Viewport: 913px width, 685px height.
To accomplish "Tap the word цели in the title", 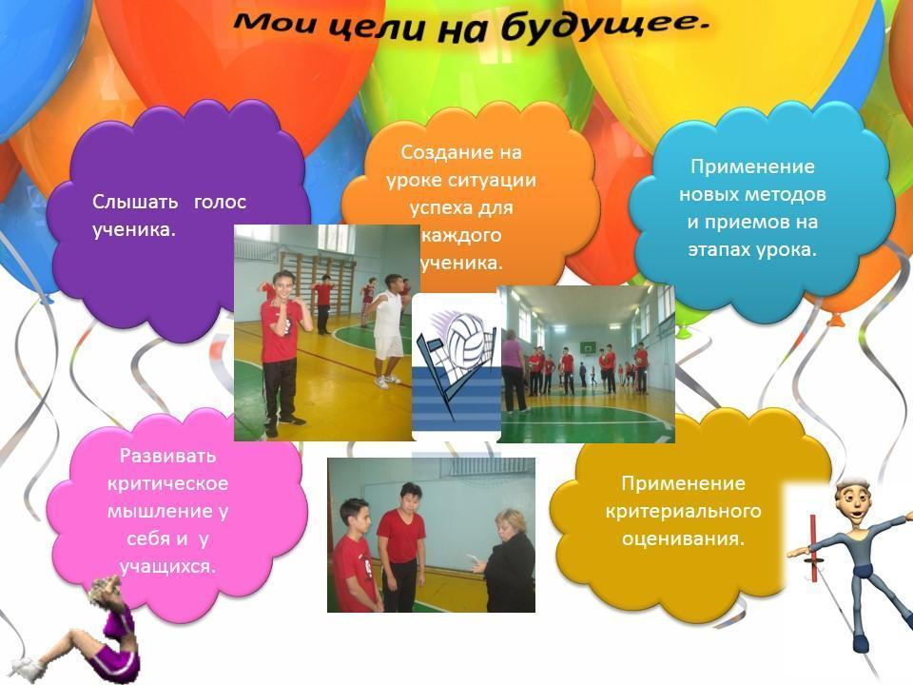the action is [381, 28].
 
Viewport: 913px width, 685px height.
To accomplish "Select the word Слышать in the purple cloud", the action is [135, 202].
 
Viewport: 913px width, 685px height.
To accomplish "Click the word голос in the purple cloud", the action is [220, 202].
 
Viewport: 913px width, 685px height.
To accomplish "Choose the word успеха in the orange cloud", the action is [439, 208].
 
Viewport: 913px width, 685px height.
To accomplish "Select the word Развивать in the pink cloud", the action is [167, 456].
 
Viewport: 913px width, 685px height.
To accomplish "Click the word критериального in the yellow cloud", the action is [683, 511].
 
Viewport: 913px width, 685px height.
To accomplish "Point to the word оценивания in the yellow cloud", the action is [683, 538].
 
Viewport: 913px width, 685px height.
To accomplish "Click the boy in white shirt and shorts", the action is [388, 330].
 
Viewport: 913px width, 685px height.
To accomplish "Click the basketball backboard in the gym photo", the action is [588, 348].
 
